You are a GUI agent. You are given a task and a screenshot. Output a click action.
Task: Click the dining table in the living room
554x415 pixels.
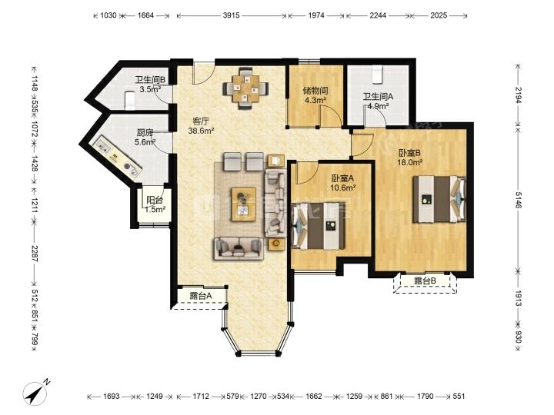point(246,88)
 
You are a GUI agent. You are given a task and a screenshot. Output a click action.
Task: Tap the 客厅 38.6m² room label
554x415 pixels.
point(202,126)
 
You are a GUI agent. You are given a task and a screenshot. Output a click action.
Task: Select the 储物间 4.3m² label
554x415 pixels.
point(315,95)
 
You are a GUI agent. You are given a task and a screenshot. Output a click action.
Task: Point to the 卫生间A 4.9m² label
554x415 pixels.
point(378,101)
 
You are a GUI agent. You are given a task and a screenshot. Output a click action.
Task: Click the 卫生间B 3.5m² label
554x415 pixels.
point(150,85)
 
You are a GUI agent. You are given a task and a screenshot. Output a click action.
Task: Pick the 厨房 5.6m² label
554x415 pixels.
point(145,138)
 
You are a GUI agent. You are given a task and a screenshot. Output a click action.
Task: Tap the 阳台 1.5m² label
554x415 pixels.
point(155,204)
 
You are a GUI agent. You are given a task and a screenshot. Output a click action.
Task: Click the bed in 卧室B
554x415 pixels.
point(439,199)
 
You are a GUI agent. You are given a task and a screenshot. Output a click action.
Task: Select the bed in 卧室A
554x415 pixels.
point(318,226)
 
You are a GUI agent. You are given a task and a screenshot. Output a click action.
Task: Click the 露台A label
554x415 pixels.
point(201,296)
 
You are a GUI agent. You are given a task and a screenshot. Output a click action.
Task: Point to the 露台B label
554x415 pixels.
point(425,281)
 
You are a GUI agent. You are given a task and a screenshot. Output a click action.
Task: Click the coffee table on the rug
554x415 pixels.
point(243,204)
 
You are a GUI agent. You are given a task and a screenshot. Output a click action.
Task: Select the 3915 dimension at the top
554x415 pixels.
point(232,15)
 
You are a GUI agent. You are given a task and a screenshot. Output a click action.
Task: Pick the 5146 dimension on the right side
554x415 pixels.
point(518,200)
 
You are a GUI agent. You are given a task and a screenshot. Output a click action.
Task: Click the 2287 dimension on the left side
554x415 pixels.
point(35,254)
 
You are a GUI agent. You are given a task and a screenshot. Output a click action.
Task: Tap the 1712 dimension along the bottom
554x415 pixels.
point(201,397)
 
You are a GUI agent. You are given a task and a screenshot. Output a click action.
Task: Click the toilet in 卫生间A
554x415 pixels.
point(377,74)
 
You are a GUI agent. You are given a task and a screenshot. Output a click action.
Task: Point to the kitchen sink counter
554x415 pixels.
point(116,158)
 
